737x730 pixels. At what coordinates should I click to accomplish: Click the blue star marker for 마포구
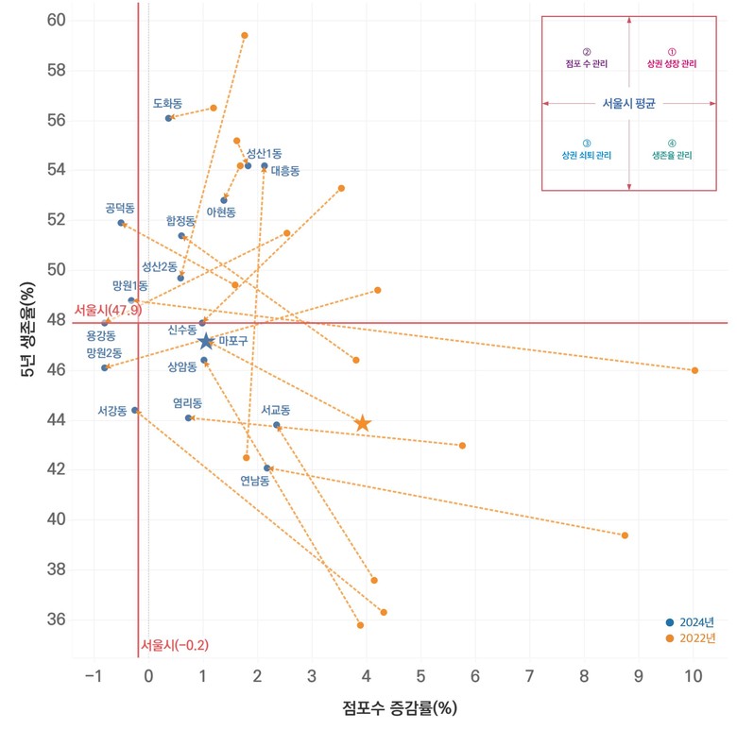click(x=206, y=341)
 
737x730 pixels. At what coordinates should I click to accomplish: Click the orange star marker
click(x=363, y=424)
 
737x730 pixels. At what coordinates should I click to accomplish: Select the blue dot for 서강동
click(x=135, y=411)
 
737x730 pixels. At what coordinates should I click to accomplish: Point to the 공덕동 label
click(x=120, y=207)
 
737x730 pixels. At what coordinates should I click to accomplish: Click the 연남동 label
click(x=254, y=481)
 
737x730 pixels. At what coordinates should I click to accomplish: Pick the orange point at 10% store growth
click(x=694, y=370)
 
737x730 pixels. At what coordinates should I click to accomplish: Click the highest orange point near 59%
click(x=244, y=36)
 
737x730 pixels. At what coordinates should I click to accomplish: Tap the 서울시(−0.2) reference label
click(x=175, y=645)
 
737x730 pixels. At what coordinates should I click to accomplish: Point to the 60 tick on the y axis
click(x=56, y=20)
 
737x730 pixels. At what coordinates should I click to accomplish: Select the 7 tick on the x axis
click(x=530, y=676)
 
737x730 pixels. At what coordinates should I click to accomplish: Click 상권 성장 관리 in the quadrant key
click(x=672, y=64)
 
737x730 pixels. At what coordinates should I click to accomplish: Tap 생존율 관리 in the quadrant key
click(x=672, y=155)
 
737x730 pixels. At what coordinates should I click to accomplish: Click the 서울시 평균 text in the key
click(x=628, y=103)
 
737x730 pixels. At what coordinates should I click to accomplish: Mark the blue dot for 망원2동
click(x=105, y=367)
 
